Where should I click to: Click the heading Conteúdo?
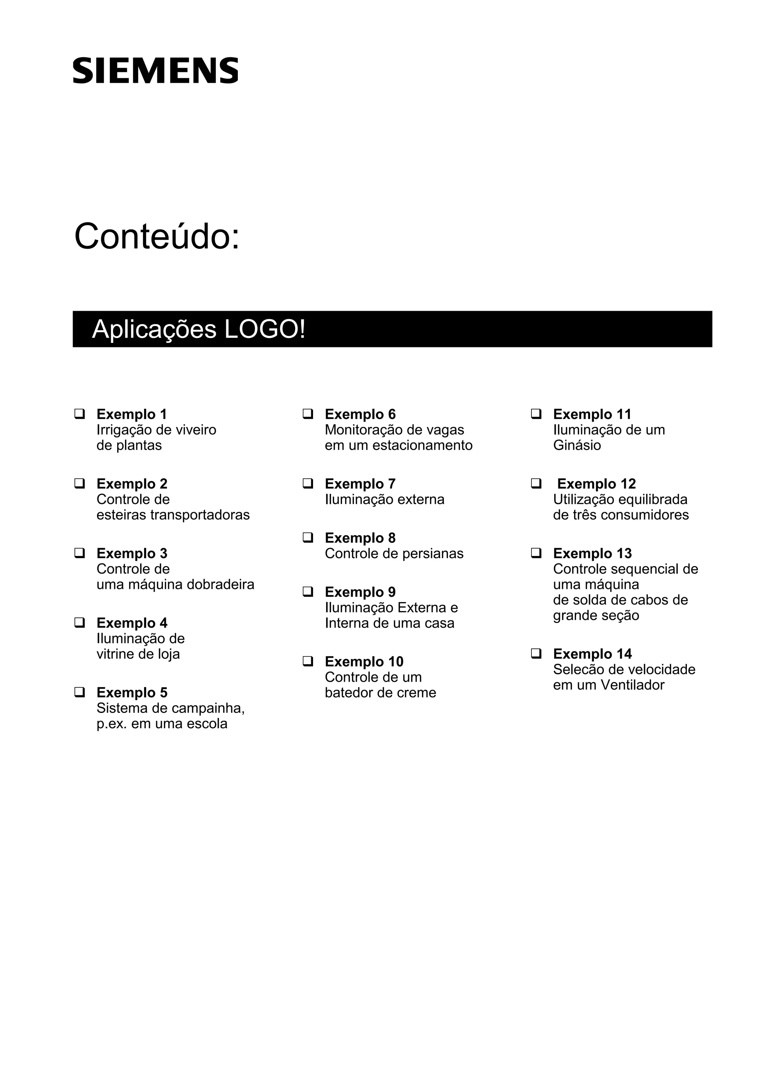pos(157,236)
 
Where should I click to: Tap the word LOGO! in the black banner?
pos(265,329)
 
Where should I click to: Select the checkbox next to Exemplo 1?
pos(79,414)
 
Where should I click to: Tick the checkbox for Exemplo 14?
pos(536,654)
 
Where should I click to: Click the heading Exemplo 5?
pos(132,692)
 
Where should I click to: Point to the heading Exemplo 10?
pos(364,662)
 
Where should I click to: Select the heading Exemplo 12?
pos(596,484)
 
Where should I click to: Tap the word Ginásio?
pos(577,446)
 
